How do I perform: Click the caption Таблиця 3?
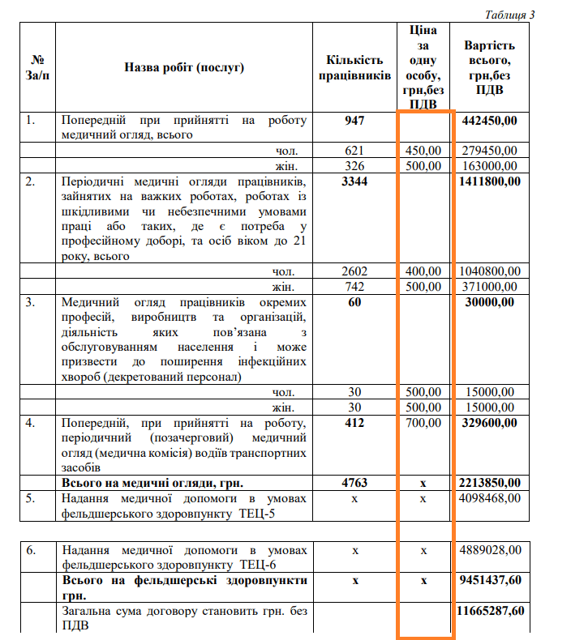pyautogui.click(x=509, y=15)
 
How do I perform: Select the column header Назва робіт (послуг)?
pyautogui.click(x=183, y=67)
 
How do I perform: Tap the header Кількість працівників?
pyautogui.click(x=354, y=67)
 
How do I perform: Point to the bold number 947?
pyautogui.click(x=354, y=121)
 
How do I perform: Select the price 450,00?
pyautogui.click(x=423, y=151)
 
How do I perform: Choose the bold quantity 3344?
pyautogui.click(x=354, y=181)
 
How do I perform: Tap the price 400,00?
pyautogui.click(x=423, y=271)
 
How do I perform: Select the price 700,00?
pyautogui.click(x=423, y=422)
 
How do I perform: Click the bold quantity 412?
pyautogui.click(x=354, y=422)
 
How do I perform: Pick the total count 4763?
pyautogui.click(x=354, y=483)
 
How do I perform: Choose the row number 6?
pyautogui.click(x=32, y=550)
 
